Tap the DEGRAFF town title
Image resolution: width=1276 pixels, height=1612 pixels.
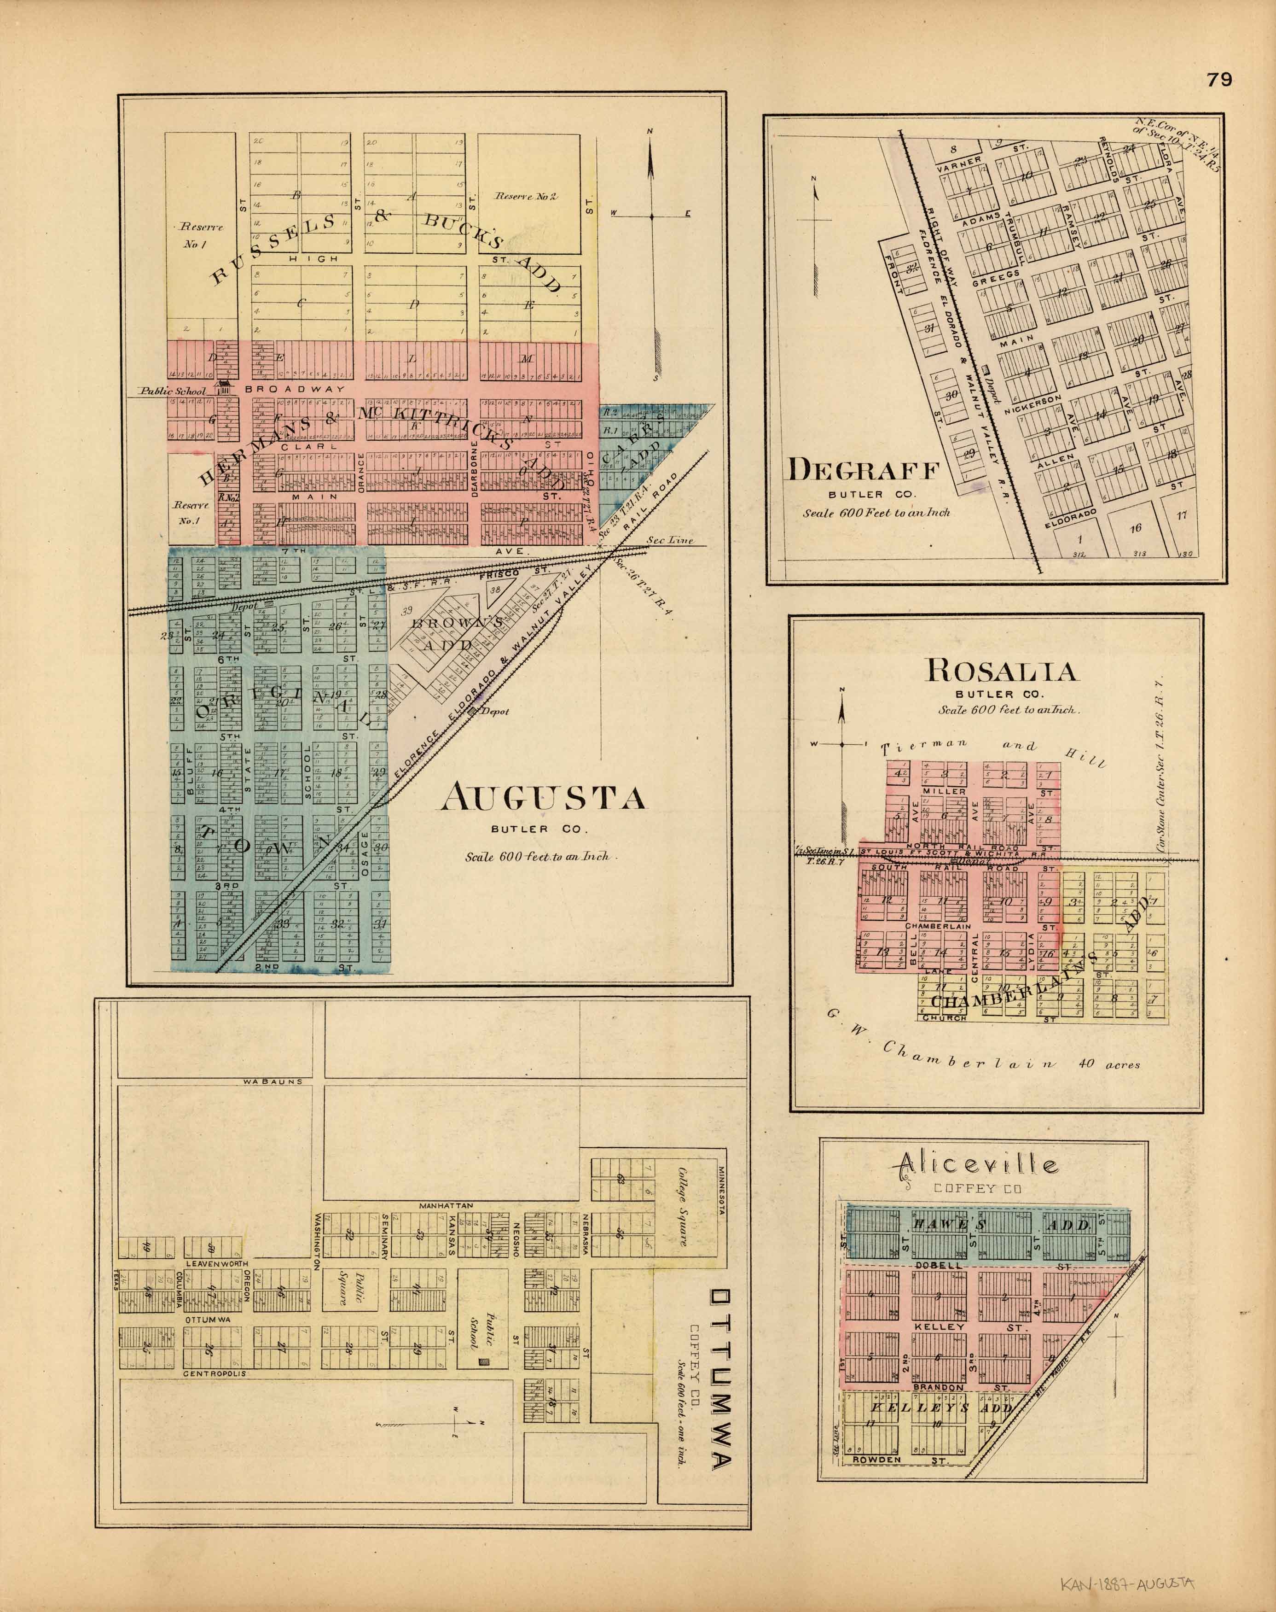861,470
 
